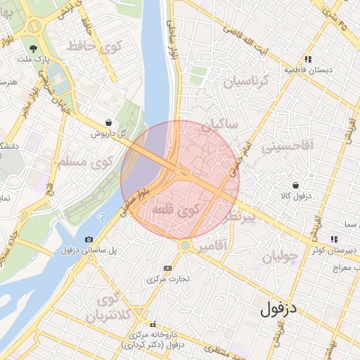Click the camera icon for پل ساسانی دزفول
pos(89,240)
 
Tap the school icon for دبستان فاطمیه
pos(307,60)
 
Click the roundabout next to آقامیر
pos(184,245)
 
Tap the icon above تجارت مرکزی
pos(167,268)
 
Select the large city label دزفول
pos(279,308)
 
